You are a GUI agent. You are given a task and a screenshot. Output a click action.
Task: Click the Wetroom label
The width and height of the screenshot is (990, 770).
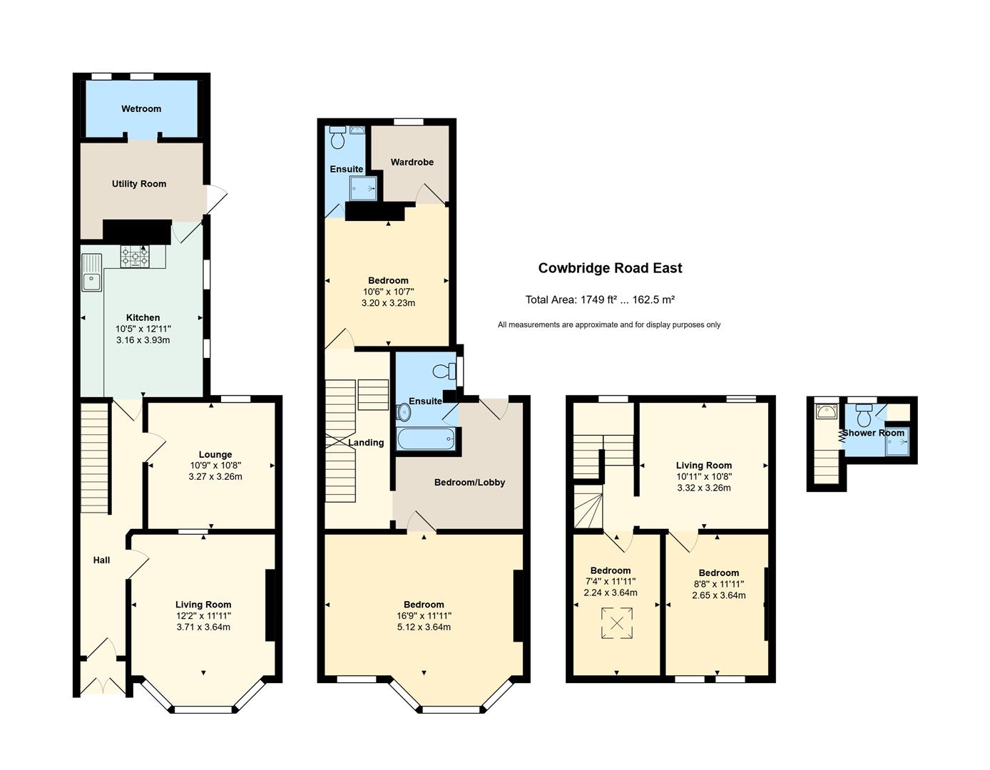141,109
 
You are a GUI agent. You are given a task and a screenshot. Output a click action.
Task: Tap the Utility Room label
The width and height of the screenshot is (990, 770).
139,184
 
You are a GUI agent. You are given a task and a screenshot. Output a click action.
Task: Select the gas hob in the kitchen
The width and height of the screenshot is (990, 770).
135,257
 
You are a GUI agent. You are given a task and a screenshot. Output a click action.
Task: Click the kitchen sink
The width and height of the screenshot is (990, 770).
91,272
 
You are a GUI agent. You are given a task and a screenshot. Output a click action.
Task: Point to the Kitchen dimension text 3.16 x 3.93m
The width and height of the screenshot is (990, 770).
143,340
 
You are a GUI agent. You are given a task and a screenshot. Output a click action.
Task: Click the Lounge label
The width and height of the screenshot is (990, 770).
215,454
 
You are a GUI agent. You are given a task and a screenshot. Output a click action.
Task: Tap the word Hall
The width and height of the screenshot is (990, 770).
101,560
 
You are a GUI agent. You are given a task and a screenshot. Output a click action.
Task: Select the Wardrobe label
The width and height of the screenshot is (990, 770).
412,162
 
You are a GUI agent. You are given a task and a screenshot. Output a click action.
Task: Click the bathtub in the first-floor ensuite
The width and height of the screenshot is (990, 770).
426,439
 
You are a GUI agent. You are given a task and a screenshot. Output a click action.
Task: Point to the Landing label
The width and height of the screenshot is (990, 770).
366,443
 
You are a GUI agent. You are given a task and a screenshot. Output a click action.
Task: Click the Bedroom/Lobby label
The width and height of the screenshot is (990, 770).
470,482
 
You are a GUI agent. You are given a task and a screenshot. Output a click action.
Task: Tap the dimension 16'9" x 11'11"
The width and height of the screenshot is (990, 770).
424,615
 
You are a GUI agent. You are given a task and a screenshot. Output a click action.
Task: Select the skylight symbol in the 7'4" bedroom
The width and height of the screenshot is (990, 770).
617,623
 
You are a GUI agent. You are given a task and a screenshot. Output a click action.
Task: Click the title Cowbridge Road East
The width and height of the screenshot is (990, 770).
610,268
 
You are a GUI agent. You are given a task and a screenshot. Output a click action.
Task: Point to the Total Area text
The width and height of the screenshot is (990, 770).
600,299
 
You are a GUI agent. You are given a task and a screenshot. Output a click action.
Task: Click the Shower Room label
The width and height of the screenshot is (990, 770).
873,433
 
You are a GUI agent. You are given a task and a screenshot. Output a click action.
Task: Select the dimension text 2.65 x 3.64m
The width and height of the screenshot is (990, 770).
719,595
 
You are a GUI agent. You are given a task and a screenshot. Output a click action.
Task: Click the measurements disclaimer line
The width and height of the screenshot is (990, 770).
609,324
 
